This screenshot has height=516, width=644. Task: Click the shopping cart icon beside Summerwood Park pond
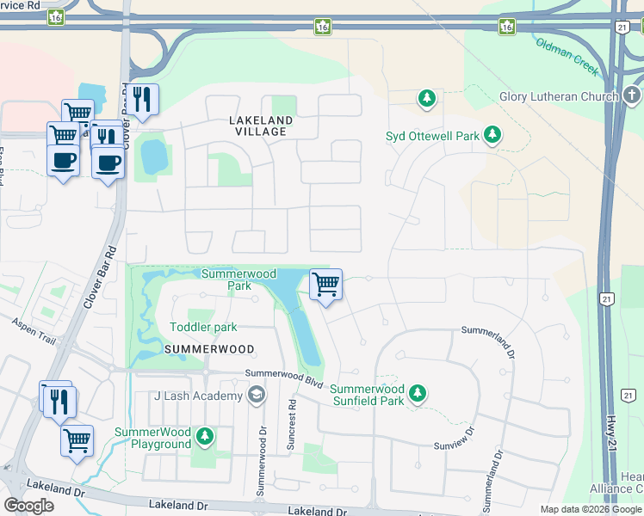(x=325, y=284)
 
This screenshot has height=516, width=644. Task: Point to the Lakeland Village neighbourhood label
(x=261, y=126)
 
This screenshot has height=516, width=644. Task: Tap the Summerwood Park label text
(x=238, y=279)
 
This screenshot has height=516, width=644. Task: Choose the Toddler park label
(x=203, y=327)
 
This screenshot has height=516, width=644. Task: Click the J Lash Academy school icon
(x=255, y=395)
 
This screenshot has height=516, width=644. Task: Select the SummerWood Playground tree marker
(x=204, y=436)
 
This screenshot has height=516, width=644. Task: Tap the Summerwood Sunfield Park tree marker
(x=418, y=393)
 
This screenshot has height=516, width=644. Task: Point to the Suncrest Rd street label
(x=292, y=421)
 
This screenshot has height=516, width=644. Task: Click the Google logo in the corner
(x=28, y=505)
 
